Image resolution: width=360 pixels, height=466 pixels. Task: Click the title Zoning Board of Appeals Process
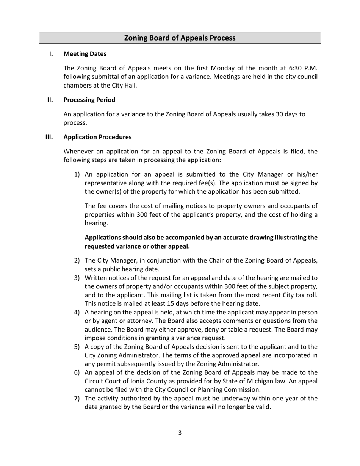[x=180, y=38]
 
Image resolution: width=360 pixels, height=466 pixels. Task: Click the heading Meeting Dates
[x=85, y=54]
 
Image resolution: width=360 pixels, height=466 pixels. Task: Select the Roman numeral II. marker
[x=50, y=100]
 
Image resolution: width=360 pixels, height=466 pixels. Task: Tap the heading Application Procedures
[x=97, y=137]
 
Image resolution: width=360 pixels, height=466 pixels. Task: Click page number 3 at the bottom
[x=180, y=433]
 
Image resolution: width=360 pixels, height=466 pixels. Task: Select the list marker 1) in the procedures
[x=77, y=174]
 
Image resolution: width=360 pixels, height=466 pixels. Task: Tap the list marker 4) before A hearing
[x=77, y=312]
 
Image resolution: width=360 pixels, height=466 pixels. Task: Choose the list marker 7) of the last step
[x=77, y=398]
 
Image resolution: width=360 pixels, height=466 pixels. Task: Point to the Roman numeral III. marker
[x=49, y=137]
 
